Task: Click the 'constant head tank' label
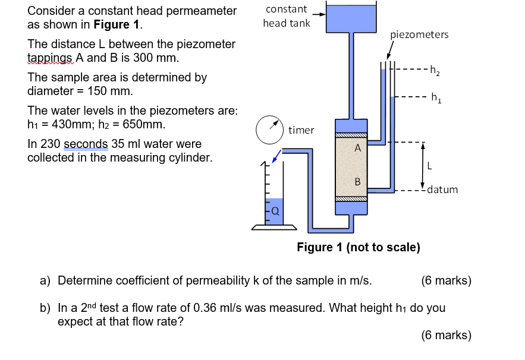point(287,16)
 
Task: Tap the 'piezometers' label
point(419,34)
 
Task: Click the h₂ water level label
point(435,72)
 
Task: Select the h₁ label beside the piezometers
point(436,97)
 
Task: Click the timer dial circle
point(270,130)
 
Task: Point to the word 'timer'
point(301,130)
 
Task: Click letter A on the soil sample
point(357,149)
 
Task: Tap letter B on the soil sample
point(357,181)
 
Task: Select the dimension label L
point(428,166)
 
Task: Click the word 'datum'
point(442,190)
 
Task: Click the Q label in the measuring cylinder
point(275,210)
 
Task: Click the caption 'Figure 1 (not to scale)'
point(359,247)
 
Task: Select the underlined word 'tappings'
point(50,58)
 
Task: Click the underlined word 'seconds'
point(86,144)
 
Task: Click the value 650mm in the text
point(144,125)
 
